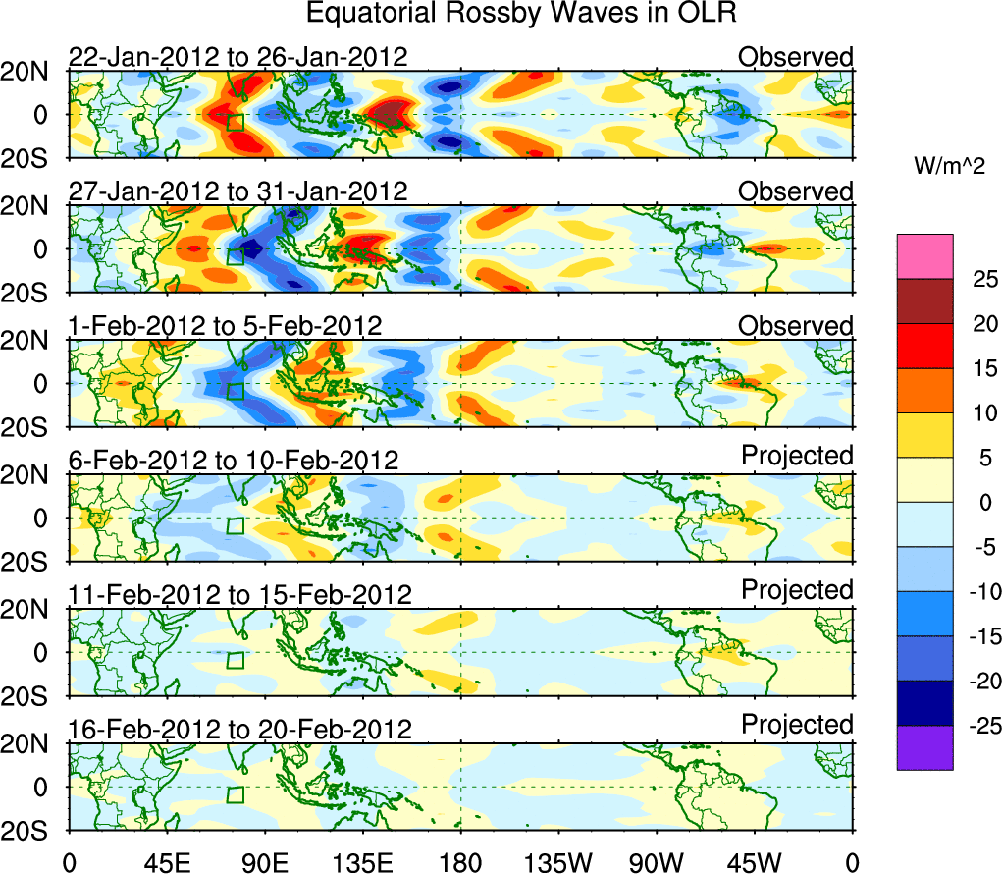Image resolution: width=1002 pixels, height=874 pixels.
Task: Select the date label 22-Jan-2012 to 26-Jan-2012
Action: [237, 57]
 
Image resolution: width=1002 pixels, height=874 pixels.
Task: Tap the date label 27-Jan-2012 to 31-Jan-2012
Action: [237, 191]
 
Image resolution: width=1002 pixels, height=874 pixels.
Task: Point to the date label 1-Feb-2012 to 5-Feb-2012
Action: [225, 326]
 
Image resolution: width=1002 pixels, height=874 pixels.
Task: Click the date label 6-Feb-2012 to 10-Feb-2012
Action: [233, 461]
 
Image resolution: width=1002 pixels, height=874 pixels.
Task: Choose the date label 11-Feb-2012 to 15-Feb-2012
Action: [239, 595]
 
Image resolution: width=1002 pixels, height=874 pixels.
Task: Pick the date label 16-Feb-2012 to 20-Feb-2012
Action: [239, 730]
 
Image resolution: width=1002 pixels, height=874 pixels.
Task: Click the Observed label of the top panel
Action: [796, 57]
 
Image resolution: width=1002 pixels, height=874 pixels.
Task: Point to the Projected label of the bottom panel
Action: [797, 725]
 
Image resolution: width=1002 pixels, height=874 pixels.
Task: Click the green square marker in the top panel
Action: [236, 122]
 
